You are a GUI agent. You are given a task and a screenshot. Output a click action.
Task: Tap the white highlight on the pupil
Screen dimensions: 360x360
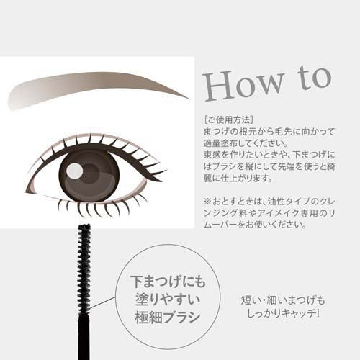[x=75, y=171]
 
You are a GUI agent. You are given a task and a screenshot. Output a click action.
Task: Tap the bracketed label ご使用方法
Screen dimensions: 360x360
[x=228, y=120]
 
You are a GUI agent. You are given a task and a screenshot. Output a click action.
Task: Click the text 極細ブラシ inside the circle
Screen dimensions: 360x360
[x=168, y=318]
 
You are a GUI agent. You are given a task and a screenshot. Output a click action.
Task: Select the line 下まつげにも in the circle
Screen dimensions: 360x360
[x=168, y=282]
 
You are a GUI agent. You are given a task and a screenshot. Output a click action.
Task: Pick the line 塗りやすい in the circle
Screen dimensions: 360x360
[x=168, y=300]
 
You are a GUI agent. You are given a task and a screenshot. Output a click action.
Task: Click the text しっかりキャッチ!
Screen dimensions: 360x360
[x=283, y=313]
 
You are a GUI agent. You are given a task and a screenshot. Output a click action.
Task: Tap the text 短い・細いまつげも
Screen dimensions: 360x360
[x=283, y=300]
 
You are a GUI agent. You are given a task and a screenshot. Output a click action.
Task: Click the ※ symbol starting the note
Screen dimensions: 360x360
[x=207, y=201]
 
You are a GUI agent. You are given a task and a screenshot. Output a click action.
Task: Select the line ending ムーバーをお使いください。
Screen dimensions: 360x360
[x=255, y=225]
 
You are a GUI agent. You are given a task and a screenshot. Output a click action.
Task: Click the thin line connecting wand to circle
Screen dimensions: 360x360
[x=102, y=302]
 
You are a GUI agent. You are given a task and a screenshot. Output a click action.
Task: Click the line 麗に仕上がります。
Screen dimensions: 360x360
[x=238, y=179]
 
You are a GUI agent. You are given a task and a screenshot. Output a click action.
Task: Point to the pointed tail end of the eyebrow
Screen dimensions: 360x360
[x=189, y=98]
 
